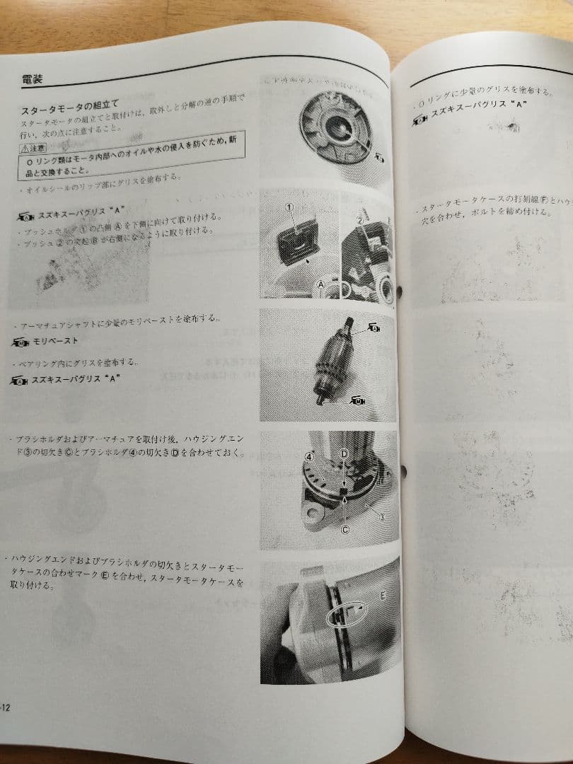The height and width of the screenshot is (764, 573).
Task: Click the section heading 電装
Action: (32, 79)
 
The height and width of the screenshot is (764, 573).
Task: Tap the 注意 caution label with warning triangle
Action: (33, 148)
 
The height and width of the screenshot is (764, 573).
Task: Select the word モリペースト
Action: (57, 341)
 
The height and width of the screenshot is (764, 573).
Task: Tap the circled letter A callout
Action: (321, 284)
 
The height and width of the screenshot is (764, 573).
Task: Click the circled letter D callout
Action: (345, 453)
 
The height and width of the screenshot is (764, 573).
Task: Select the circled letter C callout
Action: (345, 528)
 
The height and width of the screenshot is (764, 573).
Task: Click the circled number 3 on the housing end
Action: (382, 517)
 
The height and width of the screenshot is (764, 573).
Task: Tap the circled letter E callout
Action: (383, 596)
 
